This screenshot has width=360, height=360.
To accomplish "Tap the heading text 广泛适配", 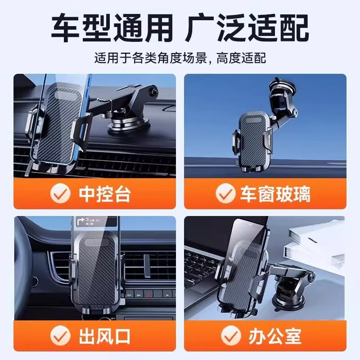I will pyautogui.click(x=248, y=27).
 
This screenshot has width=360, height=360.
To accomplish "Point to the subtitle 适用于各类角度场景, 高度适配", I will pyautogui.click(x=180, y=58).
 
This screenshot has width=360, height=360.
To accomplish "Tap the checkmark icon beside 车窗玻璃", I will pyautogui.click(x=225, y=194).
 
